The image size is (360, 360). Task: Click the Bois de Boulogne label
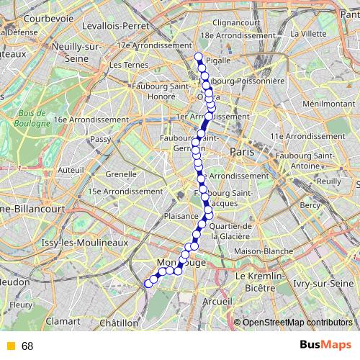click(32, 117)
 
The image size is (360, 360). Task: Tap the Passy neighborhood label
click(101, 139)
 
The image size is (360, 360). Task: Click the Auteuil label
click(71, 170)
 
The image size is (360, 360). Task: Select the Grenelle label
click(121, 174)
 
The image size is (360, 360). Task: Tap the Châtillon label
click(120, 322)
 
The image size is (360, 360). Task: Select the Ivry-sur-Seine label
click(320, 284)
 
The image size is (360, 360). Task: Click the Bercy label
click(310, 205)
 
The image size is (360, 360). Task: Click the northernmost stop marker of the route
click(198, 56)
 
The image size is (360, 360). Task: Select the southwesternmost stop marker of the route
click(149, 284)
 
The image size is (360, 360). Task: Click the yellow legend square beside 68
click(10, 346)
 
